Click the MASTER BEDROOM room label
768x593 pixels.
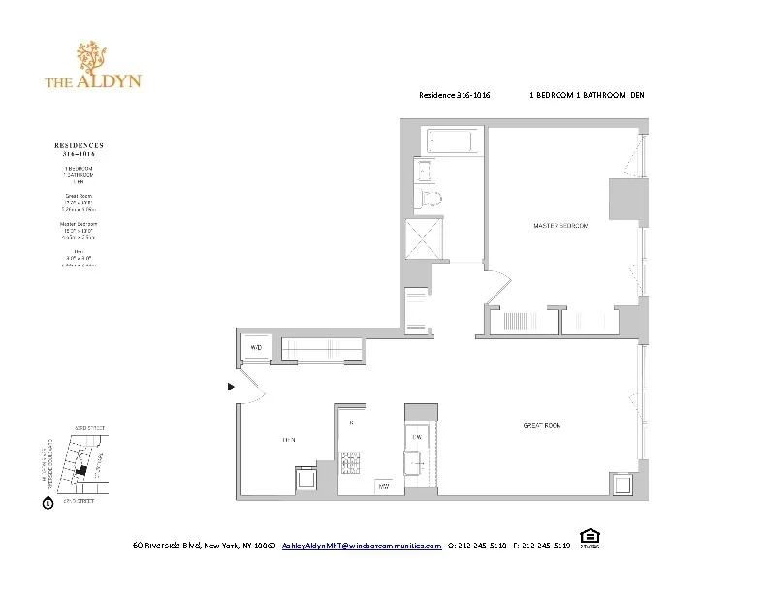[560, 226]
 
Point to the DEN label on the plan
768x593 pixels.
[288, 440]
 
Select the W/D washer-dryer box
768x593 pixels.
[257, 346]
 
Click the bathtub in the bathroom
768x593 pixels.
[449, 142]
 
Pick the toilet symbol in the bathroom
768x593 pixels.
[431, 199]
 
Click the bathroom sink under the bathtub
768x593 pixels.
[427, 172]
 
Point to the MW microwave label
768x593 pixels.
[384, 485]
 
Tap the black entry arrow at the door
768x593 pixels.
[231, 387]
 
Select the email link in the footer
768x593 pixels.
[362, 546]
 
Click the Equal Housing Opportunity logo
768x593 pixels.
[588, 537]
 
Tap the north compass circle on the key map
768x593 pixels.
[46, 502]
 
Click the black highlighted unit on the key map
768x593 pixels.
[81, 470]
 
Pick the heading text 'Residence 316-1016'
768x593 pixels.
[454, 95]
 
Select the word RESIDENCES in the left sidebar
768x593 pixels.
[80, 145]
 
